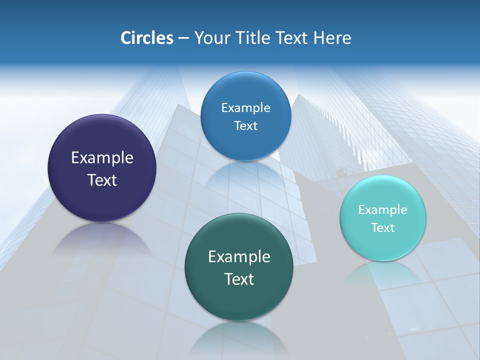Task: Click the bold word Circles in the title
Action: tap(146, 38)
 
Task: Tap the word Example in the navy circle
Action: tap(102, 158)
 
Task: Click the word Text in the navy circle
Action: tap(102, 180)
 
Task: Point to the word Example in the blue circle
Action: tap(245, 108)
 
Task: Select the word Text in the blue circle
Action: tap(245, 126)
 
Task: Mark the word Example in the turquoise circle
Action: tap(382, 210)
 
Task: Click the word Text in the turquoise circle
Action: tap(383, 228)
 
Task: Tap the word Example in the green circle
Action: tap(239, 257)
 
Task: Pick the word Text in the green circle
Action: tap(239, 279)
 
